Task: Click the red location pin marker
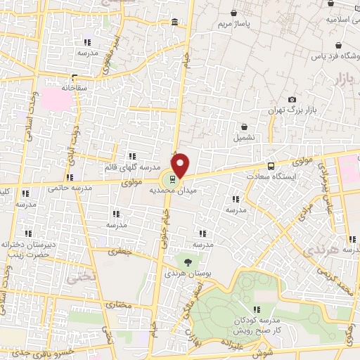[181, 165]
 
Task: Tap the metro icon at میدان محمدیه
[174, 179]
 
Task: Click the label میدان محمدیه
[169, 190]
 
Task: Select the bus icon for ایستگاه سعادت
[271, 167]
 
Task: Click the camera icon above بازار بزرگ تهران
[292, 100]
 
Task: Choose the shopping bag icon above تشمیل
[243, 127]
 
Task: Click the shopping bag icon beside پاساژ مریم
[233, 12]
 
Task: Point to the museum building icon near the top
[174, 25]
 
